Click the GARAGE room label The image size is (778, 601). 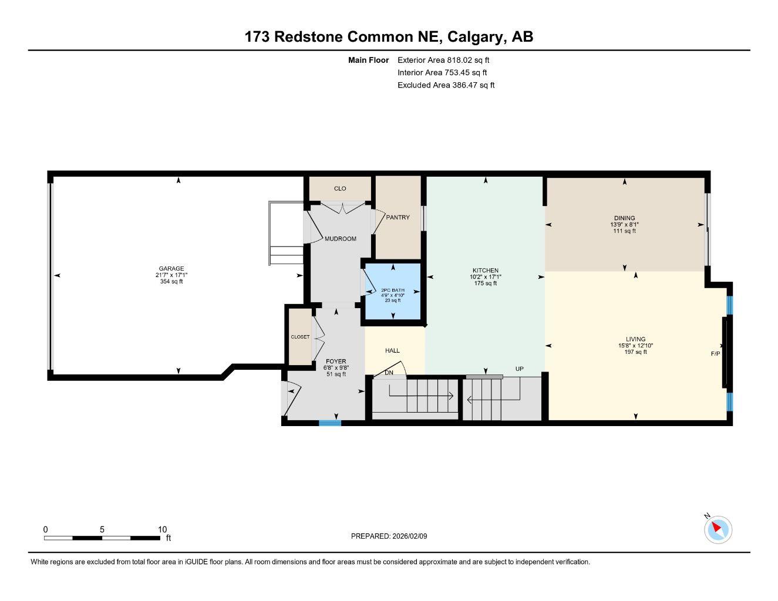[170, 269]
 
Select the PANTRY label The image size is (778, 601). [398, 217]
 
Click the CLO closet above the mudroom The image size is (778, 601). [340, 188]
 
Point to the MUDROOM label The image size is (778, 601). [341, 239]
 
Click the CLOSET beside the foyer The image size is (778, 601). [299, 337]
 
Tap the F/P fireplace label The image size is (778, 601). [715, 354]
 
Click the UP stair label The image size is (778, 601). [519, 369]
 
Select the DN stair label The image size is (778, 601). [389, 373]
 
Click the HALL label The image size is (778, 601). [392, 350]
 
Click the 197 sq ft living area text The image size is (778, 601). [635, 352]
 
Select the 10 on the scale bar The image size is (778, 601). [163, 529]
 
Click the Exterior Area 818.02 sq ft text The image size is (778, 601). [443, 60]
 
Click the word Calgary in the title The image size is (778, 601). [475, 37]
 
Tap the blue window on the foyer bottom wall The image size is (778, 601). [330, 423]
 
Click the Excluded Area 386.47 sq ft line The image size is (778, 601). [446, 85]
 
